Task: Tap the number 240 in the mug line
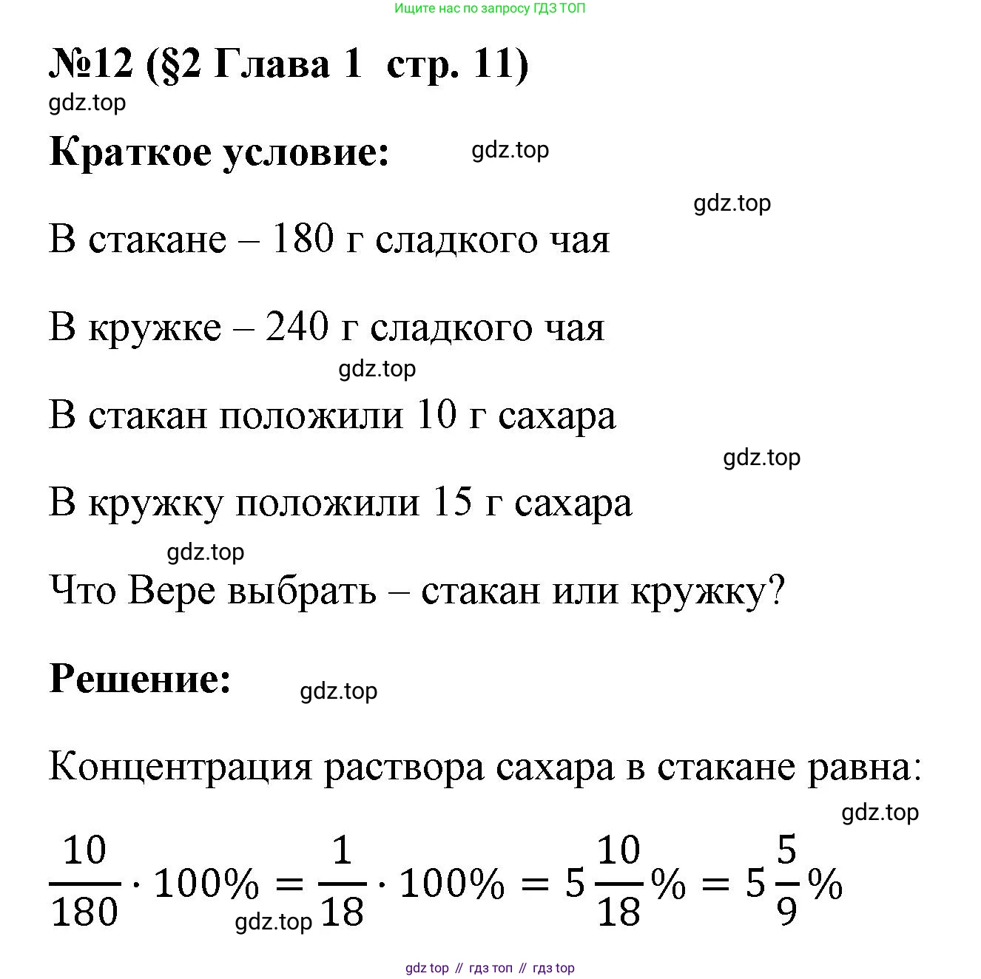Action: (x=297, y=326)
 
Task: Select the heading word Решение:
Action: (x=141, y=678)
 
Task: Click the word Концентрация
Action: (x=181, y=767)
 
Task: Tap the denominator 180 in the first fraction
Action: (x=84, y=911)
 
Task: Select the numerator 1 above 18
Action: (x=342, y=851)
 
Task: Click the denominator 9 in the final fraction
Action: (x=786, y=911)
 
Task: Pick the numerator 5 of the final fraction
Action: (x=786, y=850)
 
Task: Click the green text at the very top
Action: (x=490, y=9)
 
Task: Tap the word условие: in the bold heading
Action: (x=306, y=152)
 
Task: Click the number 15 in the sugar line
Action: (x=452, y=502)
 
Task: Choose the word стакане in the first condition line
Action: (x=158, y=239)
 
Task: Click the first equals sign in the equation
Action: (x=289, y=883)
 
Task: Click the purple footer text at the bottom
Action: (x=490, y=968)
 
